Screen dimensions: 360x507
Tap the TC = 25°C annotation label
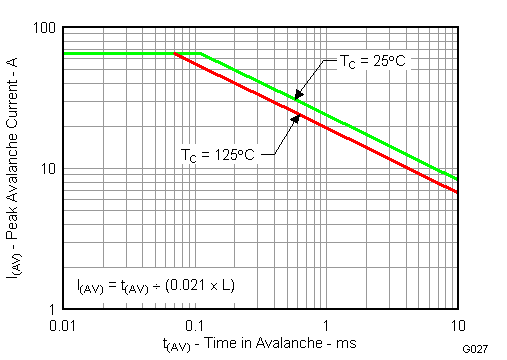[x=369, y=60]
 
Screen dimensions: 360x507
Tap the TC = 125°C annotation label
[x=219, y=155]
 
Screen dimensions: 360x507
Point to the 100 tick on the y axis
[x=43, y=28]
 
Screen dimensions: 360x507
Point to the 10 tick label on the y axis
[x=46, y=169]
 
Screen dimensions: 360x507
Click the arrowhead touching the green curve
[x=297, y=97]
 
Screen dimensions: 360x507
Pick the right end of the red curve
[x=457, y=192]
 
